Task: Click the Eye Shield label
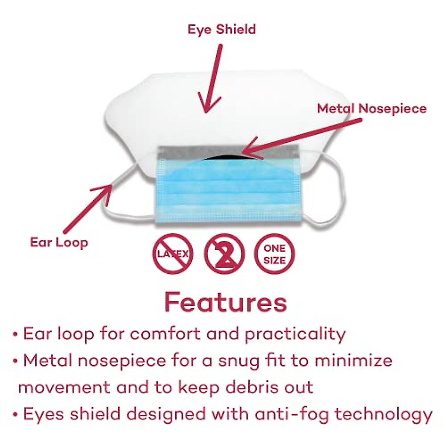[x=222, y=29]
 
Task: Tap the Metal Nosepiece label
[x=372, y=109]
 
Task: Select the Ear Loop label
[x=59, y=243]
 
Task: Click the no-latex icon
[x=173, y=254]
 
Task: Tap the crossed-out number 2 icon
[x=224, y=254]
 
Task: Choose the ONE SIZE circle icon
[x=275, y=254]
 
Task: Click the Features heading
[x=226, y=303]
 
